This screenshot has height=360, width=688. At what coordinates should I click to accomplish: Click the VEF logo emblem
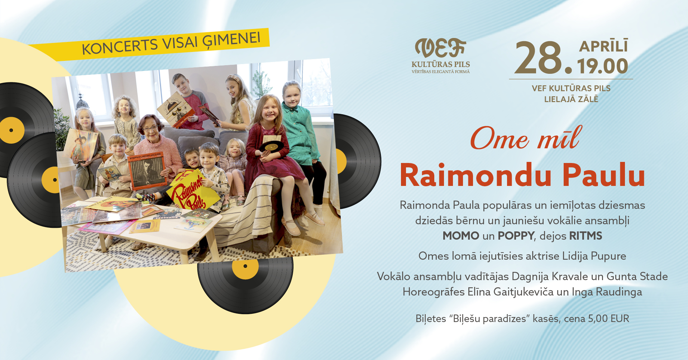click(x=440, y=48)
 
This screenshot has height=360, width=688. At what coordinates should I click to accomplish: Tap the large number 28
click(x=539, y=58)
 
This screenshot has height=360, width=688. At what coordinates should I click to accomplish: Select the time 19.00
click(x=603, y=66)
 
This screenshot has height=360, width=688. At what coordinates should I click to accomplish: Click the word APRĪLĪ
click(x=603, y=46)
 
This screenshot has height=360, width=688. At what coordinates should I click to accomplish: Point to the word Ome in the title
click(x=500, y=139)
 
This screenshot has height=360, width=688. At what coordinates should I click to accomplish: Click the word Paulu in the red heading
click(x=604, y=175)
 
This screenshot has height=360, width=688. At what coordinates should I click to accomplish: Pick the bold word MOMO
click(x=461, y=236)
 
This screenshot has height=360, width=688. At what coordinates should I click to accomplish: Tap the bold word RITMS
click(x=586, y=236)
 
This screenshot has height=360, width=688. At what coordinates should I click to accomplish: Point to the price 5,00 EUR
click(x=608, y=318)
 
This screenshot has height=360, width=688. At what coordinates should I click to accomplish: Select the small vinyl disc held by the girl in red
click(x=271, y=146)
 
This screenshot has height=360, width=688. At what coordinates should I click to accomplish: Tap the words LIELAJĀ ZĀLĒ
click(x=571, y=99)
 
